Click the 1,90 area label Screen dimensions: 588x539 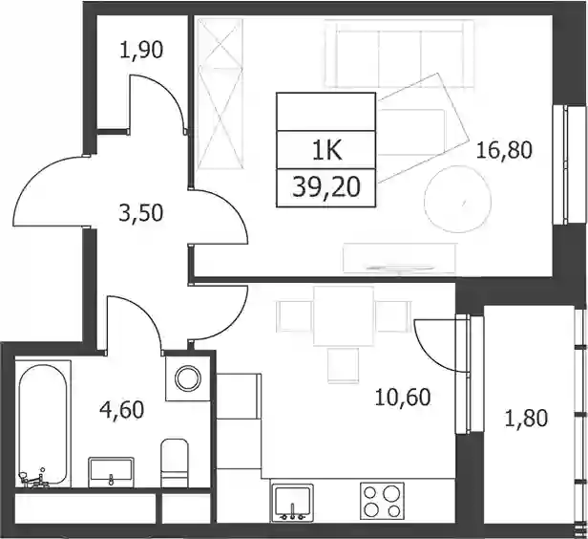(141, 51)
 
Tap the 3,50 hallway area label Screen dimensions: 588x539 (141, 213)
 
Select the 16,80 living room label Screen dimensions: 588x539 (504, 150)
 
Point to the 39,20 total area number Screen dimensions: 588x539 (326, 187)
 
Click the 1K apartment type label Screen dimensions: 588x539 (326, 151)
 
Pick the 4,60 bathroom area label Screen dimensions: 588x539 (122, 409)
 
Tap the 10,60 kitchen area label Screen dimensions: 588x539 (403, 398)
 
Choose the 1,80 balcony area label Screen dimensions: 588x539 (526, 419)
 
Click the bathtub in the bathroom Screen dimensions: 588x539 (43, 424)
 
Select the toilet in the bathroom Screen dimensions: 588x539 (175, 463)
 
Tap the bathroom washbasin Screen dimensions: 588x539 (111, 472)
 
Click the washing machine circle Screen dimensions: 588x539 (189, 378)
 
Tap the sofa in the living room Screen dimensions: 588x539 (400, 54)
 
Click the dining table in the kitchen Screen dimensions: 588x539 (344, 315)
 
